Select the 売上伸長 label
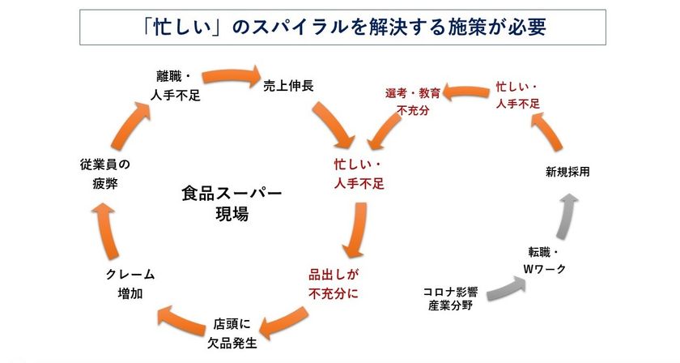tap(288, 86)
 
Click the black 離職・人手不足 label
tap(175, 86)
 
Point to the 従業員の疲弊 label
tap(105, 173)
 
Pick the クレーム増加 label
tap(130, 284)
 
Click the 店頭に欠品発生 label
tap(232, 334)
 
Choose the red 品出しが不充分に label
tap(334, 284)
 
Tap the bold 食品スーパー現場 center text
tap(232, 203)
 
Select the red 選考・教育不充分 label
tap(413, 101)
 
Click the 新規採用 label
tap(567, 172)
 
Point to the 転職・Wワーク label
tap(545, 260)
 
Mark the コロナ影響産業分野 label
tap(450, 299)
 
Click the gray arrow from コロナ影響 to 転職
tap(507, 289)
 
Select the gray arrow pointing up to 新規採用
tap(566, 216)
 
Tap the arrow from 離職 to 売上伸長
tap(232, 76)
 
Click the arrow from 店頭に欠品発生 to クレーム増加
tap(181, 320)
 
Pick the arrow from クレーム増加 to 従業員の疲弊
tap(106, 231)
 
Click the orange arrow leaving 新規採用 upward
tap(547, 130)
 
